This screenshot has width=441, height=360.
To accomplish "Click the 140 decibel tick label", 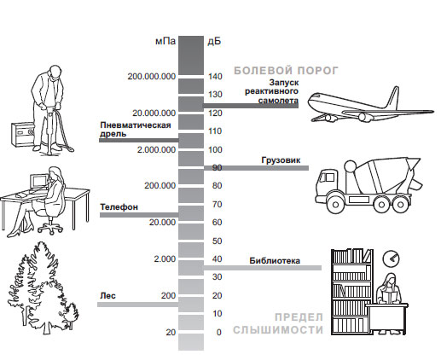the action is (215, 76).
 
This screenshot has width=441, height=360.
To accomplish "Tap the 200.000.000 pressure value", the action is (152, 77).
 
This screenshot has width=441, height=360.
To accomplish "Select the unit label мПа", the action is (165, 41).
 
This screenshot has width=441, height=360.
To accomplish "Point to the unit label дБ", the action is (214, 42).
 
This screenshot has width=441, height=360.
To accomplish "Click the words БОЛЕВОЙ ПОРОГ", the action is (286, 70).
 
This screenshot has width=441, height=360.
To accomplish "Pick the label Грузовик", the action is (281, 160).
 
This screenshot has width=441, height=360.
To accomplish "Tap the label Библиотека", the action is (275, 260).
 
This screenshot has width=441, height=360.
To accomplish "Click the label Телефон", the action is (119, 207).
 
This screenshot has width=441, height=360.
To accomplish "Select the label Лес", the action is (107, 296).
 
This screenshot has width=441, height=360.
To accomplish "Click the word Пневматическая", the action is (136, 125).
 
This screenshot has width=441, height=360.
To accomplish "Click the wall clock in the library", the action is (391, 258).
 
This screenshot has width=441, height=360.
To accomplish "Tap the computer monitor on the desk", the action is (39, 182).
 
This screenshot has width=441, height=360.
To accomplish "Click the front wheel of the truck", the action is (335, 204).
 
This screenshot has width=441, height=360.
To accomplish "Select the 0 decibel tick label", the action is (218, 332).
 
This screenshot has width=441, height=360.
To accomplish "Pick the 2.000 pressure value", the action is (165, 259).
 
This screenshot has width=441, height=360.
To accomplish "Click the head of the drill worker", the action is (54, 73).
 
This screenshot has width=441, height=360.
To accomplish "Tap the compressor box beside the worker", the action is (23, 134).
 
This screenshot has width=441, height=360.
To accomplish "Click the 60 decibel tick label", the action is (217, 222).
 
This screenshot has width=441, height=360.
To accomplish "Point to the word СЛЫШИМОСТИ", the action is (278, 330).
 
